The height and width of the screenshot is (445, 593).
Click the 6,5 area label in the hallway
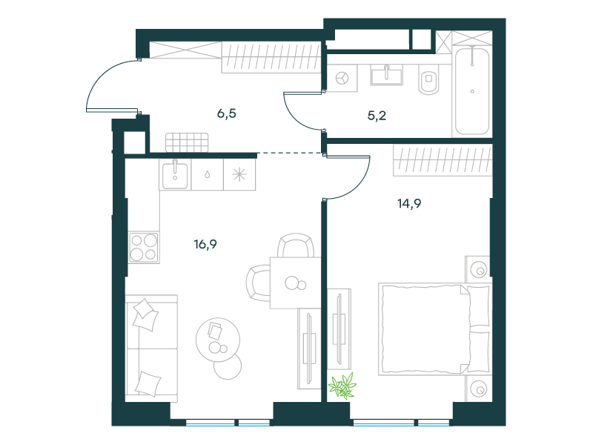click(227, 113)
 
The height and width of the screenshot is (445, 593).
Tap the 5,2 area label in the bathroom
click(377, 116)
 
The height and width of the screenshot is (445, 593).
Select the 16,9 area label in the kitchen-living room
click(205, 245)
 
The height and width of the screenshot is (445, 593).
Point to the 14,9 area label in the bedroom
click(409, 203)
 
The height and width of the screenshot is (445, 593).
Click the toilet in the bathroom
click(429, 80)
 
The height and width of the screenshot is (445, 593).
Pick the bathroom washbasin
click(386, 75)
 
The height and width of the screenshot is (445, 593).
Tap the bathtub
click(472, 90)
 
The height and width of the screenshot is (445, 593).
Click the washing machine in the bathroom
click(342, 78)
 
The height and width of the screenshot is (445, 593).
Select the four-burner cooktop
click(144, 248)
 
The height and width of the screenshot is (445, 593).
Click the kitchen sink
click(175, 175)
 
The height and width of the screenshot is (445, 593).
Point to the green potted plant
click(342, 386)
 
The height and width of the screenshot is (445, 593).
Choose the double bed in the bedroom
click(435, 329)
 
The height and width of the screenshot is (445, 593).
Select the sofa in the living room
click(151, 348)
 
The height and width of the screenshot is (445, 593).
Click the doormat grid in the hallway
click(187, 142)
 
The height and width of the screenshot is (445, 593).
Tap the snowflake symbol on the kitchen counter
click(239, 174)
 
